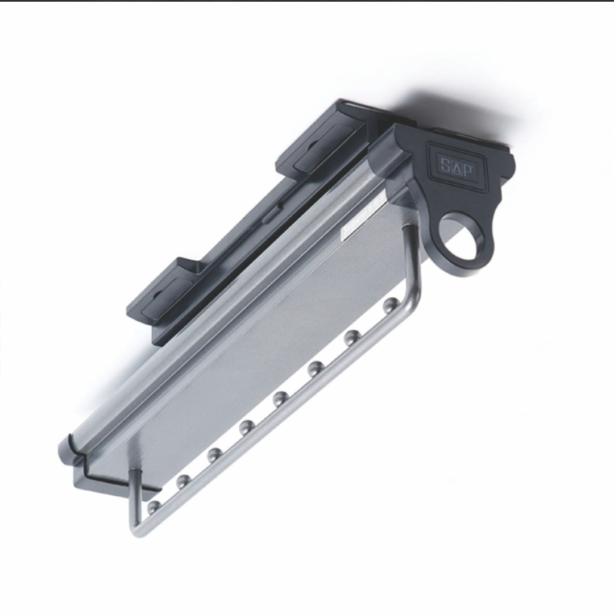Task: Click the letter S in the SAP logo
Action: pyautogui.click(x=445, y=165)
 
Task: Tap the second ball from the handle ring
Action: pyautogui.click(x=352, y=337)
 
